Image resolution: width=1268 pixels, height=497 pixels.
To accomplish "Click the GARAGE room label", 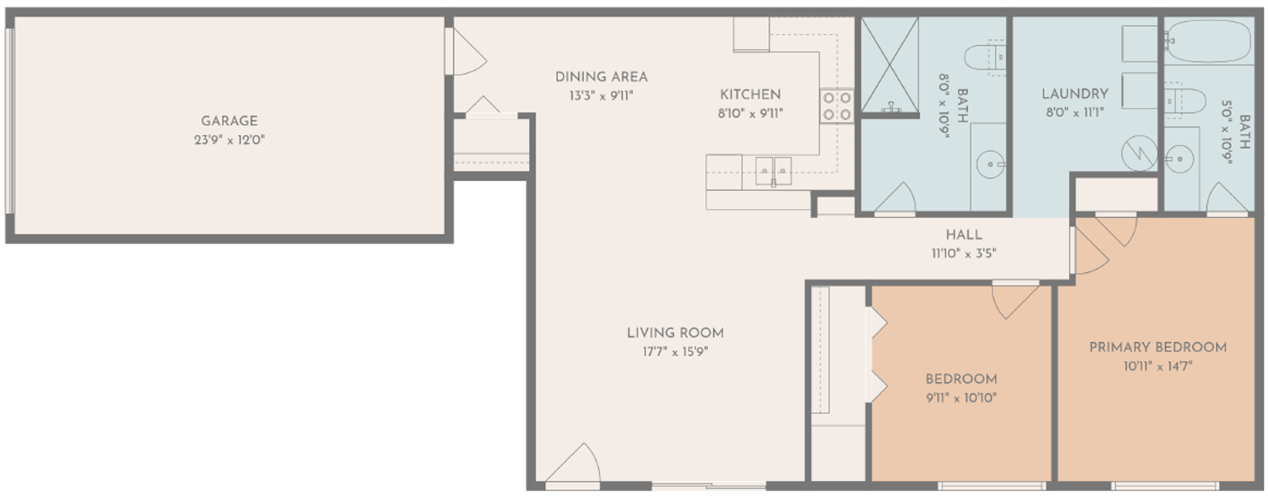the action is (x=229, y=121).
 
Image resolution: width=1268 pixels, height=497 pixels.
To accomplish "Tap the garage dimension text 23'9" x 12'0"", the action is (x=229, y=140).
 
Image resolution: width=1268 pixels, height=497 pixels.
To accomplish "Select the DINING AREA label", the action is (x=601, y=77).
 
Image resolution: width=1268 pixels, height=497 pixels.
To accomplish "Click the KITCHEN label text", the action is (x=750, y=94).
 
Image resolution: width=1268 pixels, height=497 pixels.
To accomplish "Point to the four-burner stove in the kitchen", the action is (x=837, y=106).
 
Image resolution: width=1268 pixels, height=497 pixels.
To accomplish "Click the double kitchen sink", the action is (x=773, y=171).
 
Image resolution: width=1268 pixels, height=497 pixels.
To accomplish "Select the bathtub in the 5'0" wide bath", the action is (x=1207, y=41).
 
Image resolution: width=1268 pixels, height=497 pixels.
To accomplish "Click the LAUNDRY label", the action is (x=1074, y=94).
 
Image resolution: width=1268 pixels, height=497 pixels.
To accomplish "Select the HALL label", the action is (x=964, y=234).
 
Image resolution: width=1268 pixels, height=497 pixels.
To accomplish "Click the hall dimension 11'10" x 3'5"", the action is (x=964, y=253).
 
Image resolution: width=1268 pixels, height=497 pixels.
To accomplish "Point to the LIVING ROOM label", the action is (x=675, y=333).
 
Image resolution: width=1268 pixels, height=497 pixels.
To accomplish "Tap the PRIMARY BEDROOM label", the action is (x=1158, y=347).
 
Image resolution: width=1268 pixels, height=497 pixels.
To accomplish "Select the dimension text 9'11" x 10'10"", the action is (x=961, y=398).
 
